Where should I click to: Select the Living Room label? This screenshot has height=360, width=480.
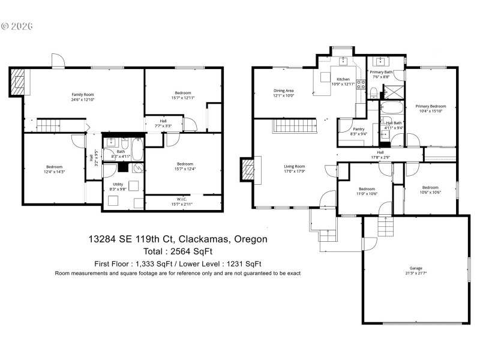[295, 166]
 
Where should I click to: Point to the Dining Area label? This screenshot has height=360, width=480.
[283, 91]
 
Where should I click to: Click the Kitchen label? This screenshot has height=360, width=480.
[343, 79]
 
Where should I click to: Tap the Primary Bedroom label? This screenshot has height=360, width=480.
[431, 106]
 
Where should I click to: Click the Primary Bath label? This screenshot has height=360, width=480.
[381, 72]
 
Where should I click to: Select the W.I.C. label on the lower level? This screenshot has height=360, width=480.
[183, 199]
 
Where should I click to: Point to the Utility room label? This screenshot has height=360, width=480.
[118, 184]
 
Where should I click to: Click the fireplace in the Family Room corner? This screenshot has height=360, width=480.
[19, 81]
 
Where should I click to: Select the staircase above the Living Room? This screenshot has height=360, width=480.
[294, 127]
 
